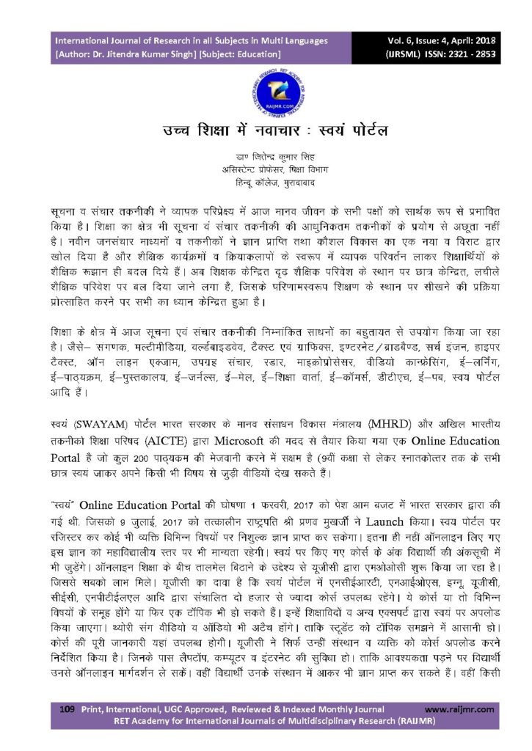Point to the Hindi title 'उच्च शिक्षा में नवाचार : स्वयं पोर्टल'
point(266,132)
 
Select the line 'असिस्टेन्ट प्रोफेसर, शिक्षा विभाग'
point(266,169)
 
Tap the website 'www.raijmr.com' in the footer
point(456,709)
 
